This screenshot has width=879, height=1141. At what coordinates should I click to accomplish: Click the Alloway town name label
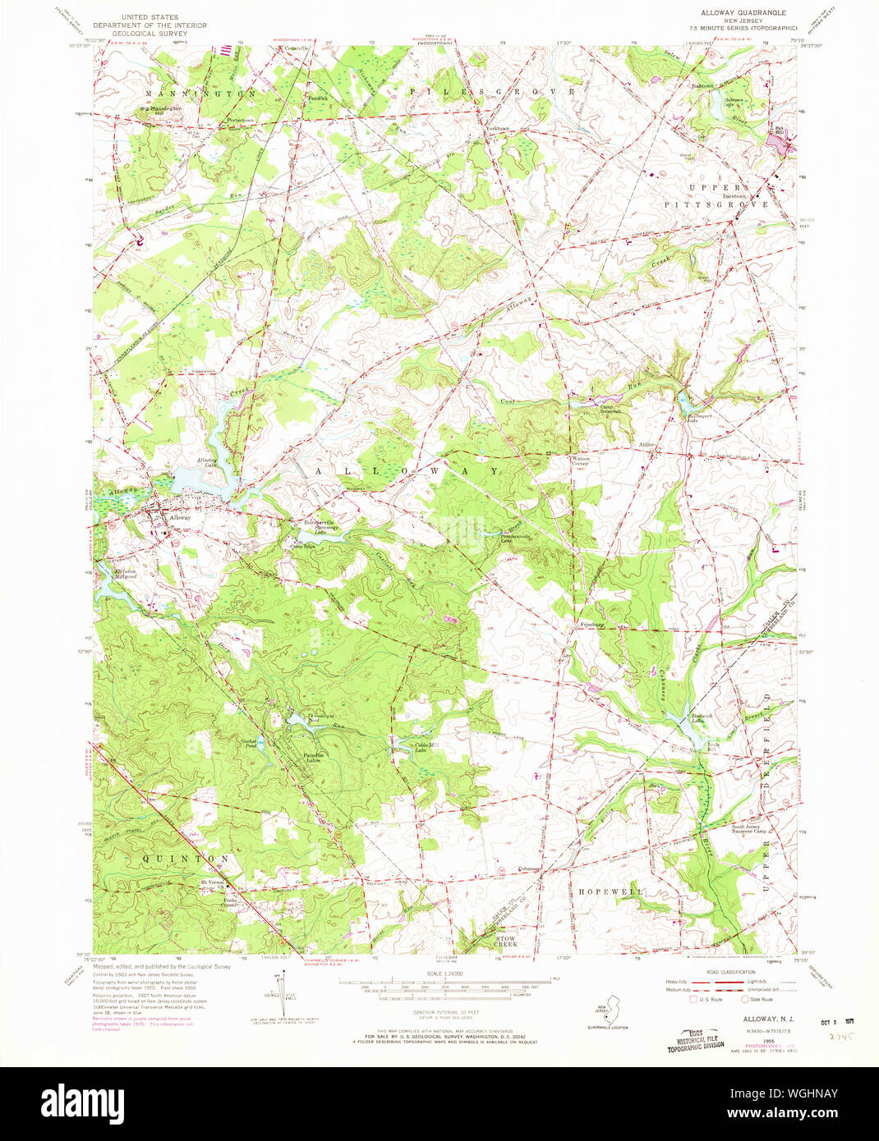pyautogui.click(x=180, y=518)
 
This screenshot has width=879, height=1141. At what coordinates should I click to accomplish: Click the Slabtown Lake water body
pyautogui.click(x=723, y=115)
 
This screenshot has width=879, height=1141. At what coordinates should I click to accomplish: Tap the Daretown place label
pyautogui.click(x=735, y=197)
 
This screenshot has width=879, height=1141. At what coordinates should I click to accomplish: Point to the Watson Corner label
pyautogui.click(x=581, y=461)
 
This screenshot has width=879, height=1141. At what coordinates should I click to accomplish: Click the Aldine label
pyautogui.click(x=647, y=444)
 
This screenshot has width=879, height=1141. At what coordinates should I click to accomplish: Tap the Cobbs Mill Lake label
pyautogui.click(x=404, y=746)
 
